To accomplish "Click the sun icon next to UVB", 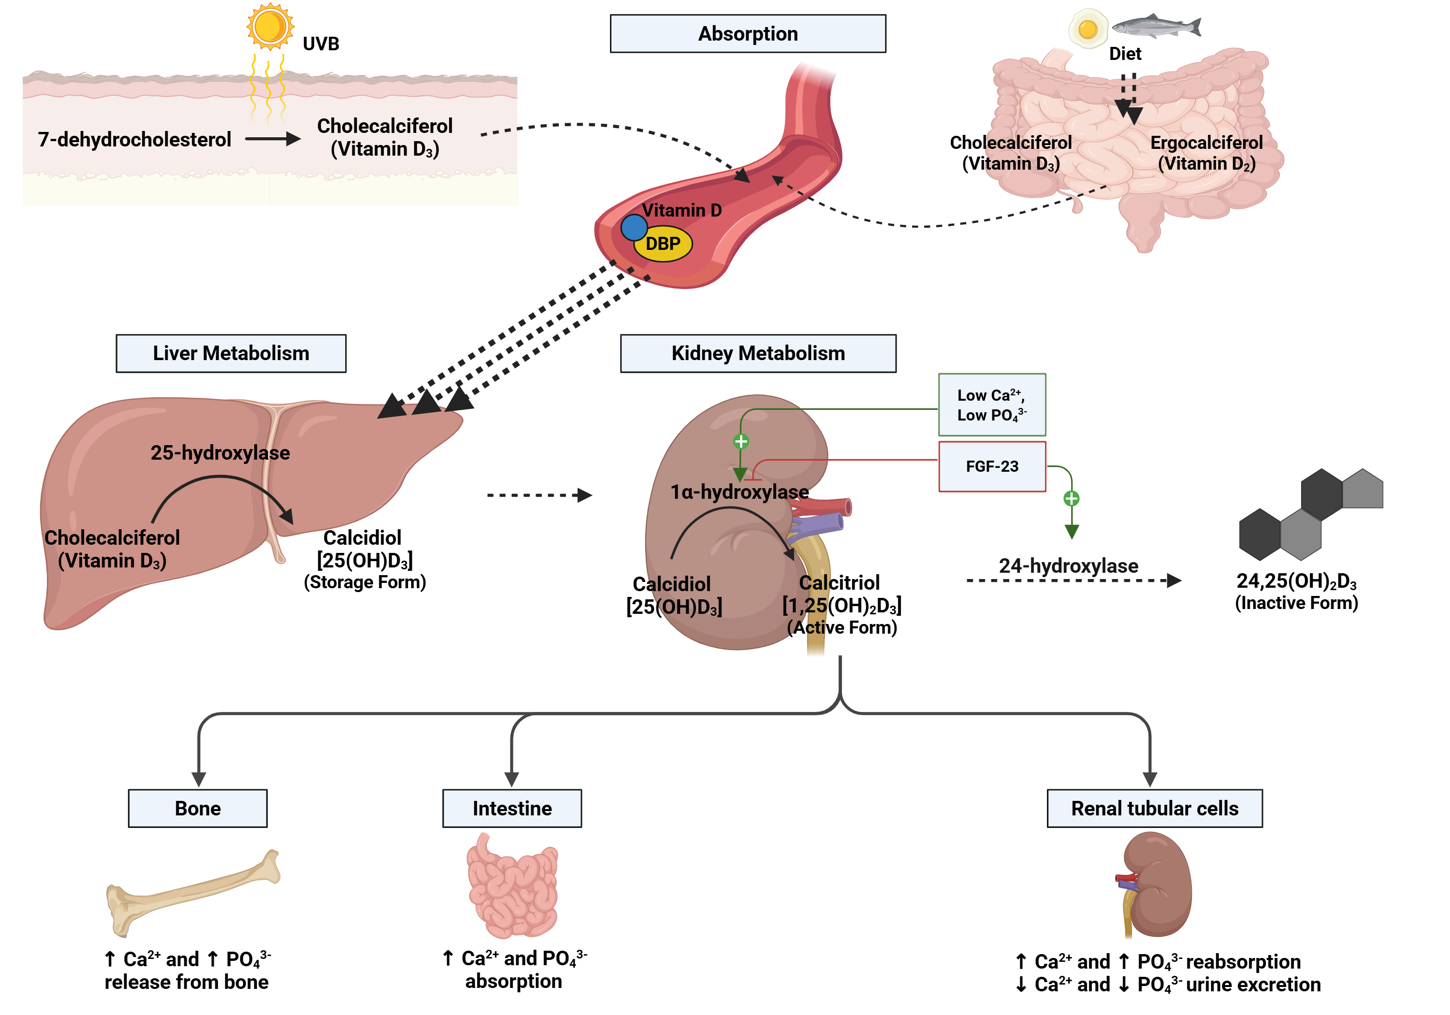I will point(270,27).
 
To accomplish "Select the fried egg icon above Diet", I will point(1087,29).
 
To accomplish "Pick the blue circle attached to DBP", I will point(634,227).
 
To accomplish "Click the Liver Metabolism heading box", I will point(231,353).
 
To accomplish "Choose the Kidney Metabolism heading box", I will point(758,353).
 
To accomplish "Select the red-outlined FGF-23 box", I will point(991,466).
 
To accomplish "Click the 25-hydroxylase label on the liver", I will point(220,452).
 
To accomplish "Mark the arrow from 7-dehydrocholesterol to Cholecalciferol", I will point(272,139).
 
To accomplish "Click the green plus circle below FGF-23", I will point(1071,498).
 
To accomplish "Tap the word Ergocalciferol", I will point(1206,143).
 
